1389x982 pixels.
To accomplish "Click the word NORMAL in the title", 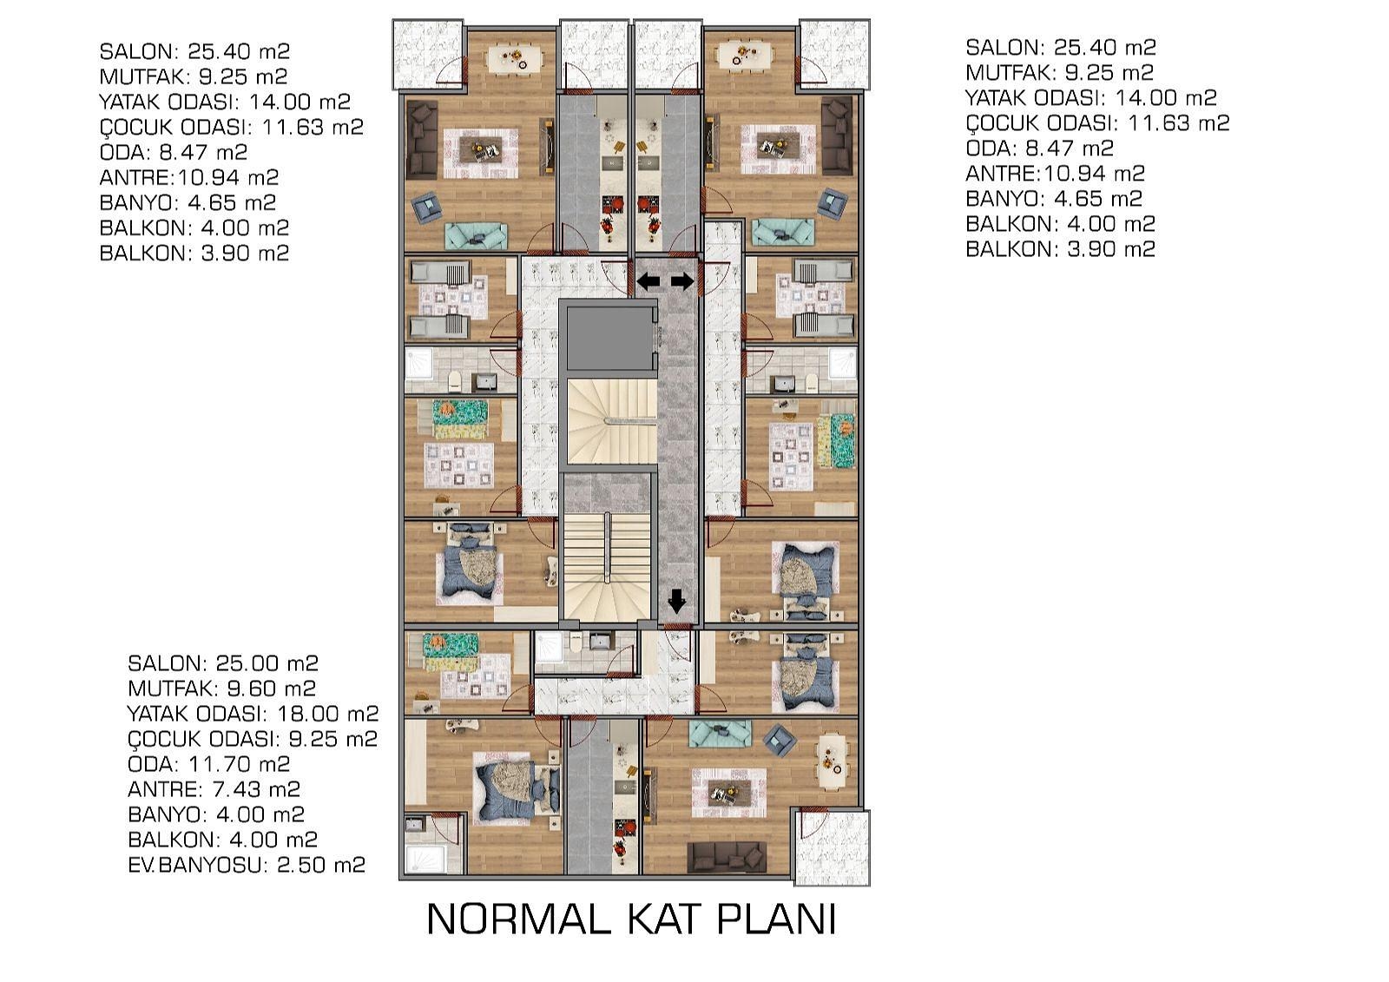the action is [x=518, y=919].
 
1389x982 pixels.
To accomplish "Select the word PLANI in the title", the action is [x=776, y=919].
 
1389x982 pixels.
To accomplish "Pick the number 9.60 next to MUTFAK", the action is [x=248, y=689].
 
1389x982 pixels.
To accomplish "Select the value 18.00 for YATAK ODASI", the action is [x=306, y=714].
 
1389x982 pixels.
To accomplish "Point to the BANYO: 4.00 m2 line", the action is [x=216, y=814].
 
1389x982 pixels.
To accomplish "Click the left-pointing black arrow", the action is [x=648, y=281].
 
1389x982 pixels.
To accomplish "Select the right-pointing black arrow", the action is [x=682, y=281].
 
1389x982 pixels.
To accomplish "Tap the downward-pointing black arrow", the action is [x=676, y=601].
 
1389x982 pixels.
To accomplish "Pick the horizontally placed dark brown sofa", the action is [x=729, y=857].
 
